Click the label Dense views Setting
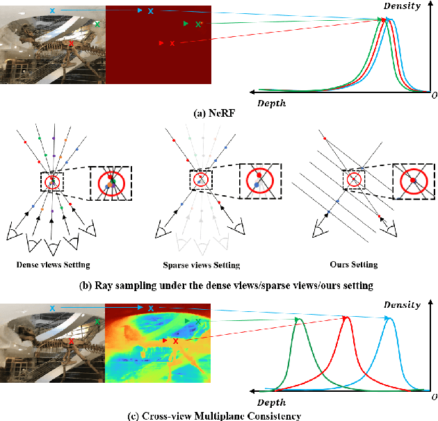[53, 265]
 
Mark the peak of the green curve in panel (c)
[299, 320]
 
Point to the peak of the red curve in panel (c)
[345, 317]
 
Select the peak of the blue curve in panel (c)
[389, 317]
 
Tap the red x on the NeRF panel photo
[72, 44]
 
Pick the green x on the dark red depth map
[200, 24]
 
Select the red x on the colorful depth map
[175, 342]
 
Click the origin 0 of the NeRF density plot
[433, 94]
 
